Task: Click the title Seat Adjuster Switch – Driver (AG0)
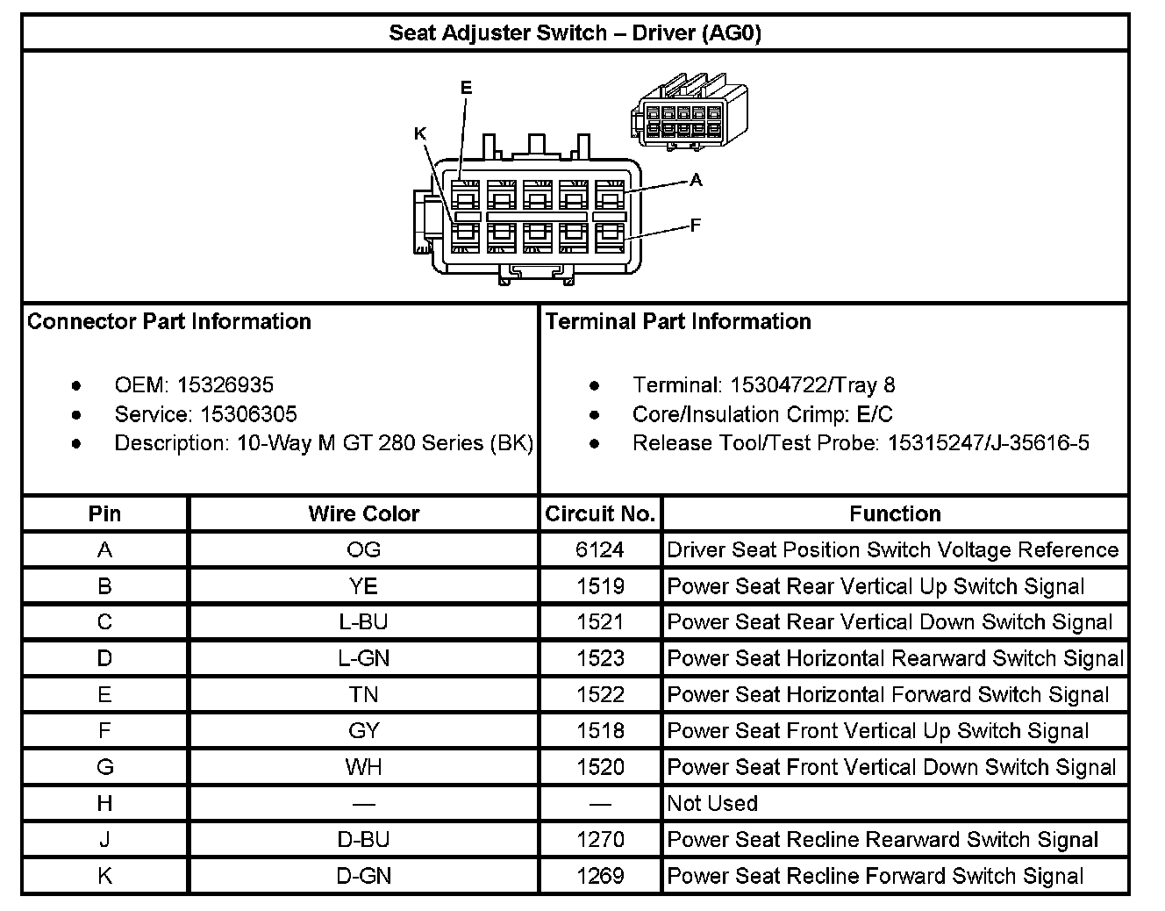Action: click(575, 33)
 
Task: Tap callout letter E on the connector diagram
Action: click(466, 88)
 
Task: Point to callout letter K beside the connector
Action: click(420, 133)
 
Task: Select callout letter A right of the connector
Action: click(696, 180)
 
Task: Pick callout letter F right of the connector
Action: click(696, 226)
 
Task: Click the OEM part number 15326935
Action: click(225, 384)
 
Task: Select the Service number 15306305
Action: click(249, 414)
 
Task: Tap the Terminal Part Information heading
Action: click(678, 321)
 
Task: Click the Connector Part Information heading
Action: click(169, 321)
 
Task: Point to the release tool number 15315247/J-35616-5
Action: click(989, 443)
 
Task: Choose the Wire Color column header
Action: click(363, 513)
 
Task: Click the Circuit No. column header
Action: click(600, 513)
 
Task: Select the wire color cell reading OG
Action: click(363, 550)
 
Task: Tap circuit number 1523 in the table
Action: click(600, 658)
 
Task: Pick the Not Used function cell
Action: click(712, 803)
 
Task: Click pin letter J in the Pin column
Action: click(104, 840)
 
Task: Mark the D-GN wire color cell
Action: click(363, 876)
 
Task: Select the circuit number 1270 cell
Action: click(600, 840)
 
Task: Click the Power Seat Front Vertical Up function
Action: click(877, 731)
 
